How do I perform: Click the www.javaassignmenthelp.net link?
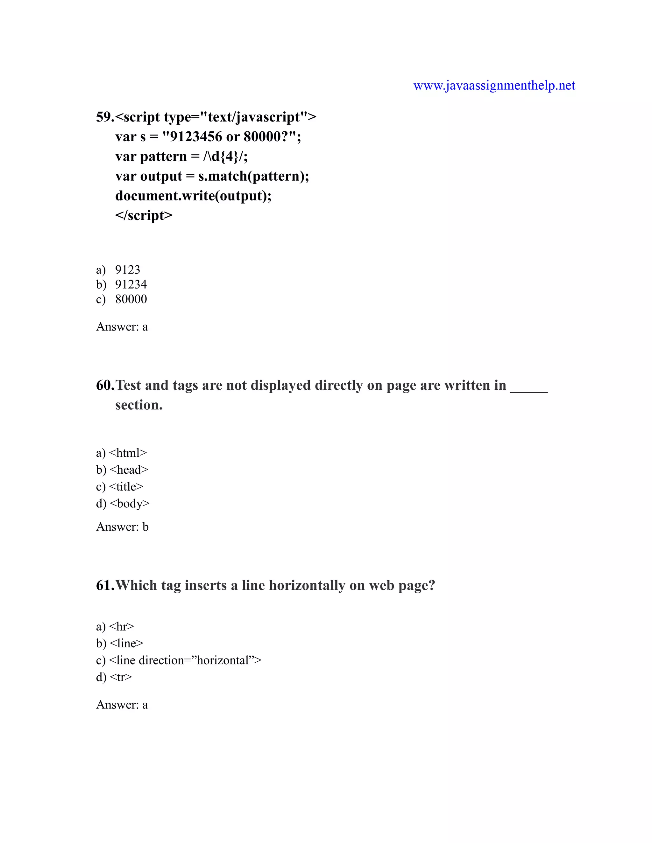tap(494, 85)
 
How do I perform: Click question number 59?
tap(105, 117)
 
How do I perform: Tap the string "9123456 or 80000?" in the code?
tap(230, 137)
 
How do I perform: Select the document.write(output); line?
tap(193, 196)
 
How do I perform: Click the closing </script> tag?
tap(144, 215)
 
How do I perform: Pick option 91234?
tap(131, 284)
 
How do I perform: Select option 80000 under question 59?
tap(131, 299)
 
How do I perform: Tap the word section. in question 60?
tap(139, 405)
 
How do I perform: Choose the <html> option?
tap(128, 453)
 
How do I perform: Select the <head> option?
tap(129, 470)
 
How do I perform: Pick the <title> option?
tap(126, 487)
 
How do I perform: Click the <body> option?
tap(129, 504)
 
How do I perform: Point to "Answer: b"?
tap(122, 527)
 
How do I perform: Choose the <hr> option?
tap(122, 626)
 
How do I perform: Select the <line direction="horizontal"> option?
tap(185, 660)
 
